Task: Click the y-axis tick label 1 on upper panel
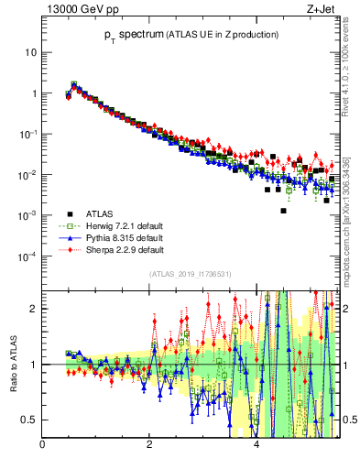pos(33,93)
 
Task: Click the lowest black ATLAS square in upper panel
pos(284,211)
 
